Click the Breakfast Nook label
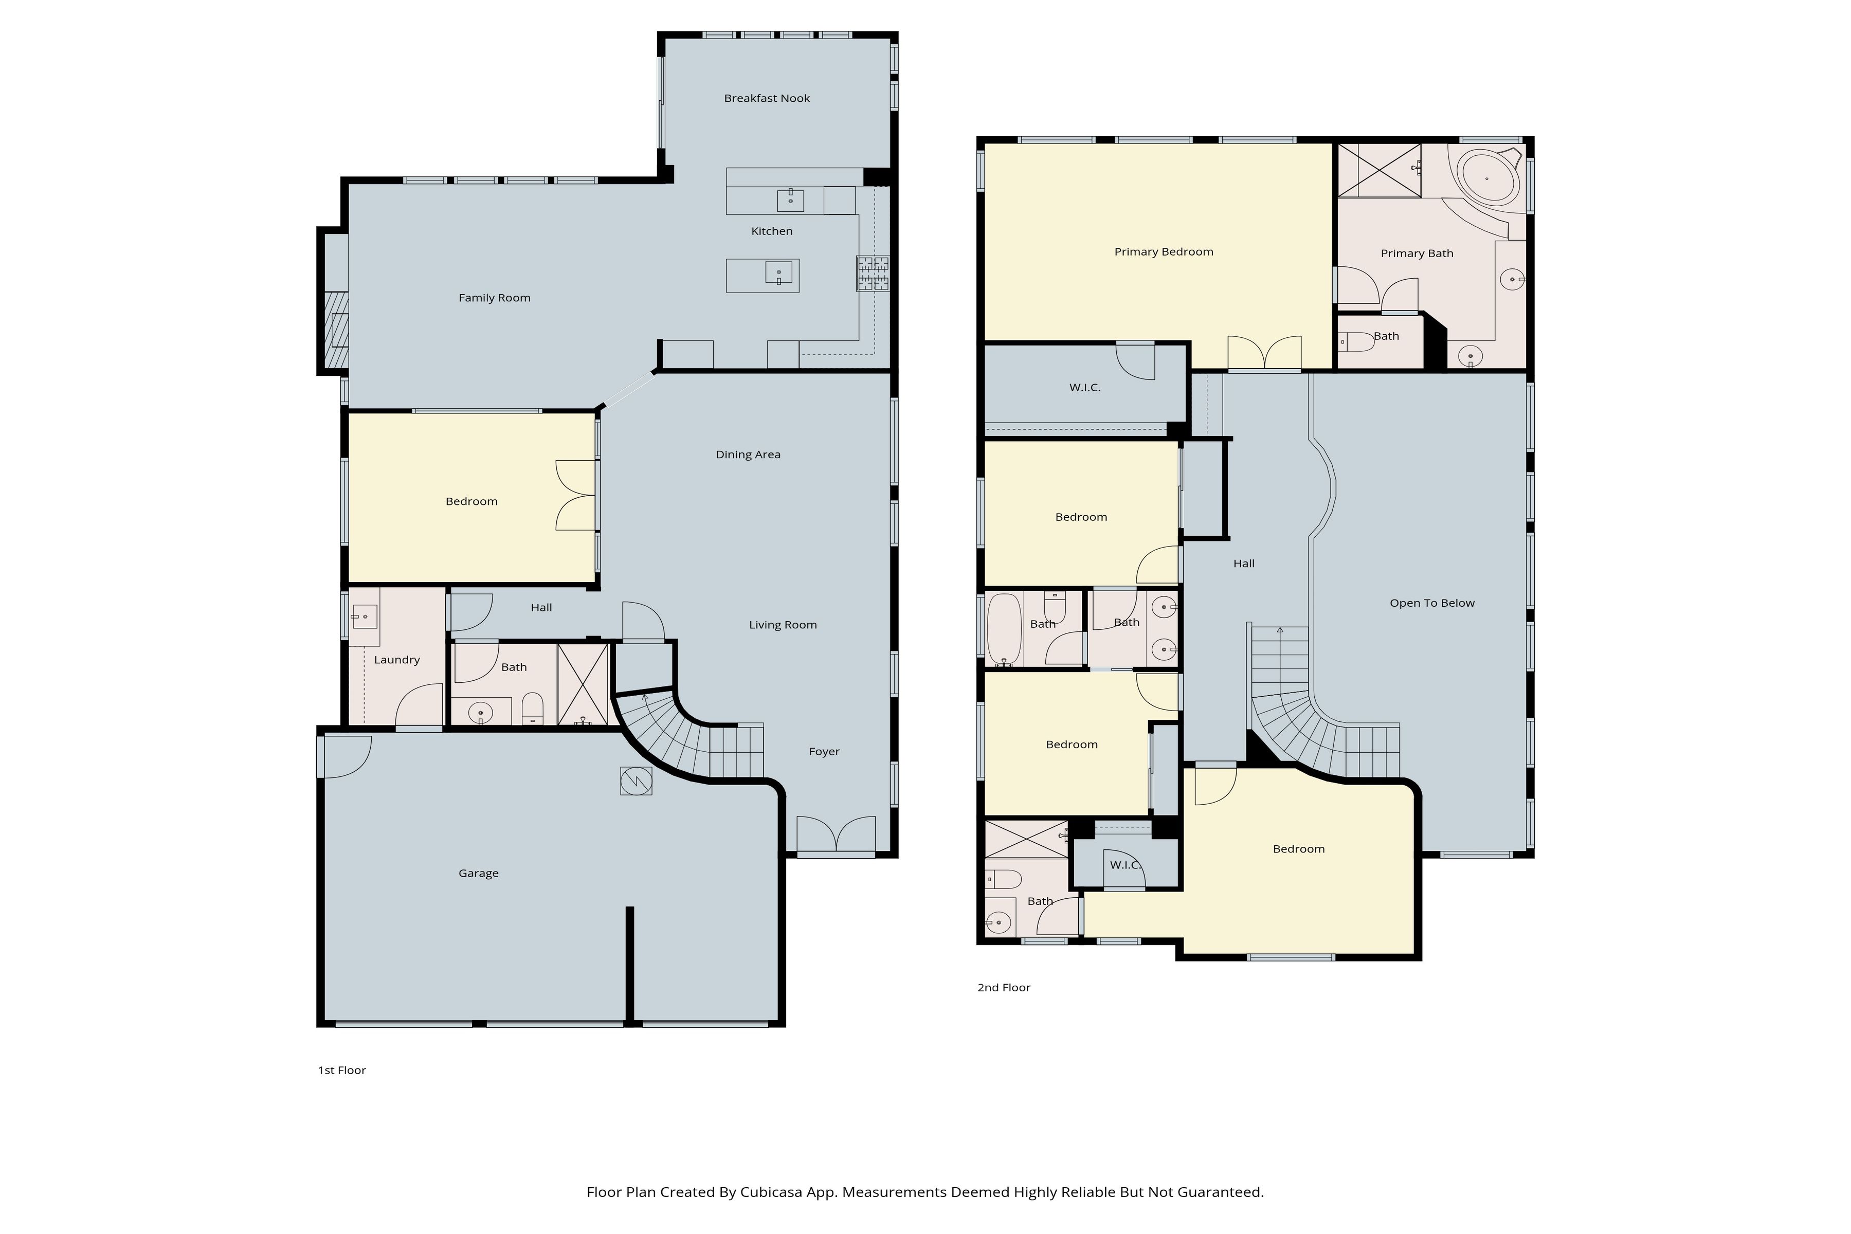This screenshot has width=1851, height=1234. tap(767, 98)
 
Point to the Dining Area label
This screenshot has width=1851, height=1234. tap(748, 454)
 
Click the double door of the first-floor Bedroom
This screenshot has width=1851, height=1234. tap(576, 496)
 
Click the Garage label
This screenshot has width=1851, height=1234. tap(479, 873)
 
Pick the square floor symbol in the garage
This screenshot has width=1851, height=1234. tap(636, 781)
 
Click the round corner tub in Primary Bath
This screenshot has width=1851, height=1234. tap(1486, 178)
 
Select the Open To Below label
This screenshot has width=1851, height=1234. tap(1431, 603)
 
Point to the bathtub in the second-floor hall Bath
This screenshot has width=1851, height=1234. tap(1004, 629)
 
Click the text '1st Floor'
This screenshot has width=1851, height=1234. tap(341, 1070)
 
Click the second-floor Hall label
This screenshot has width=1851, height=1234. tap(1243, 564)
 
